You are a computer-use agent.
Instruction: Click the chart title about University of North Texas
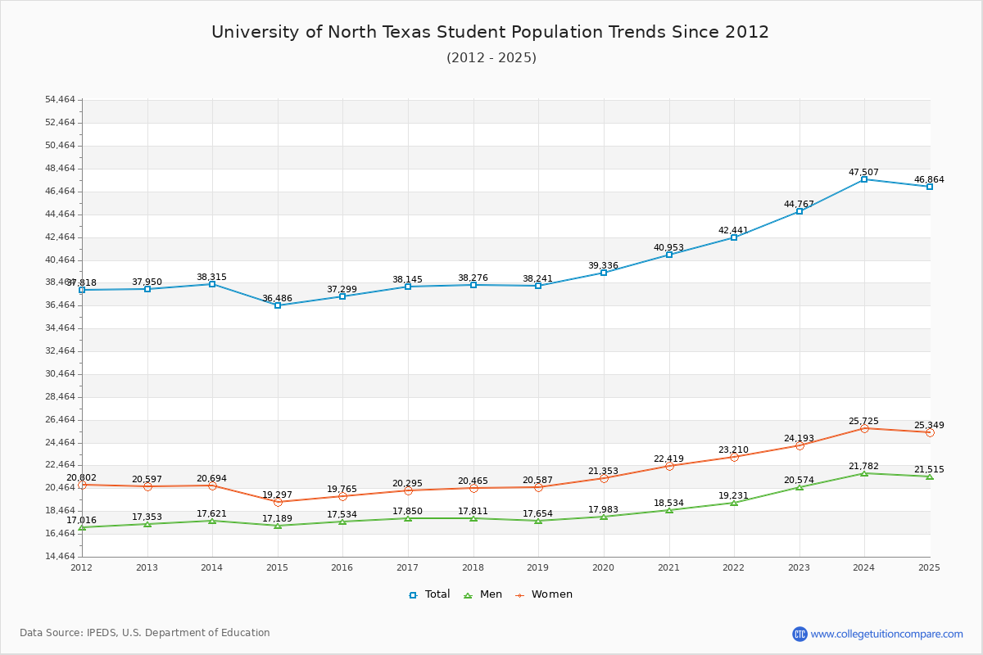[490, 32]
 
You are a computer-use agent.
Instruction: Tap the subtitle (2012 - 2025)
[491, 57]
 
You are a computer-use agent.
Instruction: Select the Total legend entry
[429, 594]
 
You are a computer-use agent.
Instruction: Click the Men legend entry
[483, 594]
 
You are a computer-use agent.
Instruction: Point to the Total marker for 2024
[864, 179]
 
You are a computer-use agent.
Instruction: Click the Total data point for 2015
[278, 305]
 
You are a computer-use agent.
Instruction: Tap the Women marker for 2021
[669, 466]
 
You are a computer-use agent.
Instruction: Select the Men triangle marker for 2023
[800, 487]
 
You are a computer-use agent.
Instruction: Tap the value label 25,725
[863, 421]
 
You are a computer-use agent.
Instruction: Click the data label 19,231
[734, 495]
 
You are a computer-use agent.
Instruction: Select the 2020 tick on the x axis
[603, 567]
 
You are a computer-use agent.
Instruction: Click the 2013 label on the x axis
[147, 567]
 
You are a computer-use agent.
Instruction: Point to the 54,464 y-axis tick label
[60, 100]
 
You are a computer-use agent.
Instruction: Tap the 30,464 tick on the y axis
[60, 374]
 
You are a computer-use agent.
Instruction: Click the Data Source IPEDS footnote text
[145, 633]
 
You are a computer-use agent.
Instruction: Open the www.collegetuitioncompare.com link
[886, 634]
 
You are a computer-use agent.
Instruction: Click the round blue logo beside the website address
[800, 634]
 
